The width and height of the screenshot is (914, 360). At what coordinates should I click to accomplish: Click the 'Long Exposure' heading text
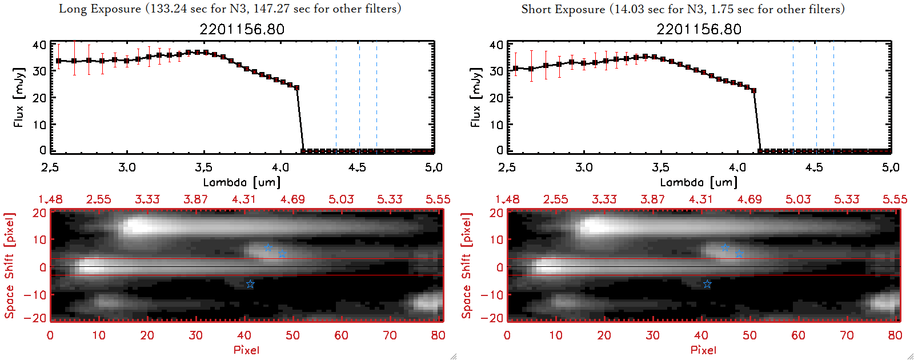point(100,9)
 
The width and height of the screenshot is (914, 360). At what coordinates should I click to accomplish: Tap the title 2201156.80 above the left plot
point(242,29)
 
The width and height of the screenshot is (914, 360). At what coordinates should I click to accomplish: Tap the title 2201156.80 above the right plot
point(699,29)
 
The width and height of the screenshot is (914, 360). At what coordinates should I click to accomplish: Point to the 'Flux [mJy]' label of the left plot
point(19,97)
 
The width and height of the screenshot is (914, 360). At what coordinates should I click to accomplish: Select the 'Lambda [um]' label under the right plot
point(699,182)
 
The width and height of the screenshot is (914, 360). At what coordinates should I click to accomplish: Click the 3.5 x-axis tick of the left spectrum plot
point(203,167)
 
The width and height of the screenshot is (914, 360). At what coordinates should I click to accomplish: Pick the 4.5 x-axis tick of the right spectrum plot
point(814,167)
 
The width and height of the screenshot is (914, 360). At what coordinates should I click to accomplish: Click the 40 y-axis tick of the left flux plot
point(39,45)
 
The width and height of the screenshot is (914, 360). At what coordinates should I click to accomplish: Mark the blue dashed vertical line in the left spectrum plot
point(336,97)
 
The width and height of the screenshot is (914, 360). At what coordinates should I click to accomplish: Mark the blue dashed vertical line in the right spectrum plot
point(793,97)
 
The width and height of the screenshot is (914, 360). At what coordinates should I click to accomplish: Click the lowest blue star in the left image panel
point(250,284)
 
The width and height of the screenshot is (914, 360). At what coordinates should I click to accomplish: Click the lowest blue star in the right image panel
point(707,284)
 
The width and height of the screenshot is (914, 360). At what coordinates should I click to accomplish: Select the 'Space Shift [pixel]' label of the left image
point(9,266)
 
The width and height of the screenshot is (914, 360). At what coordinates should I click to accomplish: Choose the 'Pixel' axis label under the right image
point(703,350)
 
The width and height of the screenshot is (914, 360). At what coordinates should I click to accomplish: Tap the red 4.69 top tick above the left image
point(292,199)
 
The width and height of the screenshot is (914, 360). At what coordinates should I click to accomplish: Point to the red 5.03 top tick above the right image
point(798,199)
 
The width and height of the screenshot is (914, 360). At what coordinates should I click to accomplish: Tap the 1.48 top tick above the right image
point(507,199)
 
